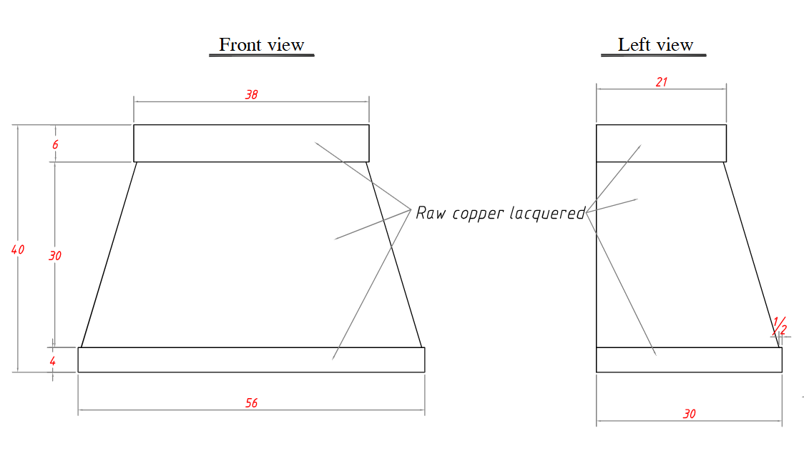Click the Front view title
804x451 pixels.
coord(262,45)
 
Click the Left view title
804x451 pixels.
coord(655,45)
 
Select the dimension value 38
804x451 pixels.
coord(251,95)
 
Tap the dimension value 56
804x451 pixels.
coord(251,403)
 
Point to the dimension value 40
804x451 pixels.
coord(17,249)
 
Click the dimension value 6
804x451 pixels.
coord(55,145)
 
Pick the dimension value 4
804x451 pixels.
coord(52,362)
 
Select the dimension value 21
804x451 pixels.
coord(662,82)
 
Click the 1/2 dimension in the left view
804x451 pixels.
coord(780,327)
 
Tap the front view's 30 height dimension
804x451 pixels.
coord(55,256)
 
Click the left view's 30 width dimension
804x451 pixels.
coord(689,414)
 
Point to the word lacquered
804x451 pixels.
coord(548,213)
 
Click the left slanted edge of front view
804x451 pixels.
coord(109,254)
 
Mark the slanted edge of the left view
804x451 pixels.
coord(751,254)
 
